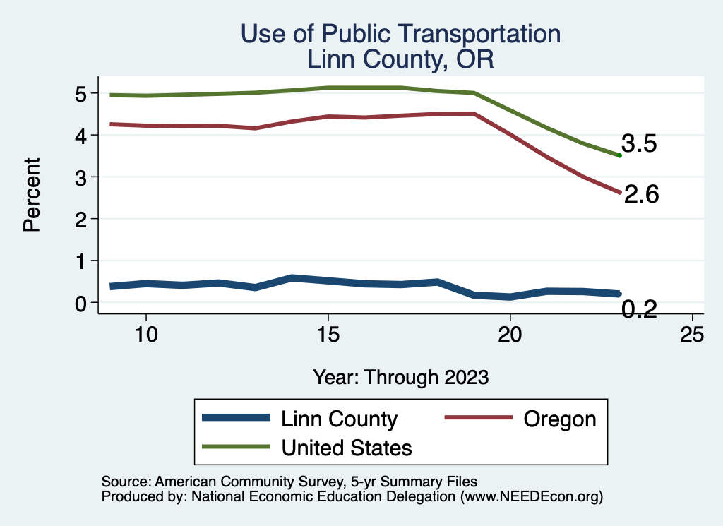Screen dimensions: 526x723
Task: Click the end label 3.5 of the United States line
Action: (639, 144)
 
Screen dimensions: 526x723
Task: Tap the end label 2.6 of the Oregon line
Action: (641, 195)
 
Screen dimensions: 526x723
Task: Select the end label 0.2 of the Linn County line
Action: (640, 309)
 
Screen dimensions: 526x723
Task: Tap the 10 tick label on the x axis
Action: (145, 335)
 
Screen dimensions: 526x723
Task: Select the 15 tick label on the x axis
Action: (328, 335)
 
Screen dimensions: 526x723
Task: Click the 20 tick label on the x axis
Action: (510, 335)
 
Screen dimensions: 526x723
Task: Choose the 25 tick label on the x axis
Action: (692, 335)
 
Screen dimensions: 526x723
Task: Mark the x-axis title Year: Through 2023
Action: (400, 377)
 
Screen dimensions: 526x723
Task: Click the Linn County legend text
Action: (339, 419)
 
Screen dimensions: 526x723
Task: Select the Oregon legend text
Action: (560, 419)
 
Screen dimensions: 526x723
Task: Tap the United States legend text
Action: (347, 447)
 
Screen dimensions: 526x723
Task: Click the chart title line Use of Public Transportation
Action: (400, 34)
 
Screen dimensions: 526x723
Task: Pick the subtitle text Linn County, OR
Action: (400, 59)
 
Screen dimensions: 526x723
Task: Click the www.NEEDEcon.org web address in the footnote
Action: (531, 497)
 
